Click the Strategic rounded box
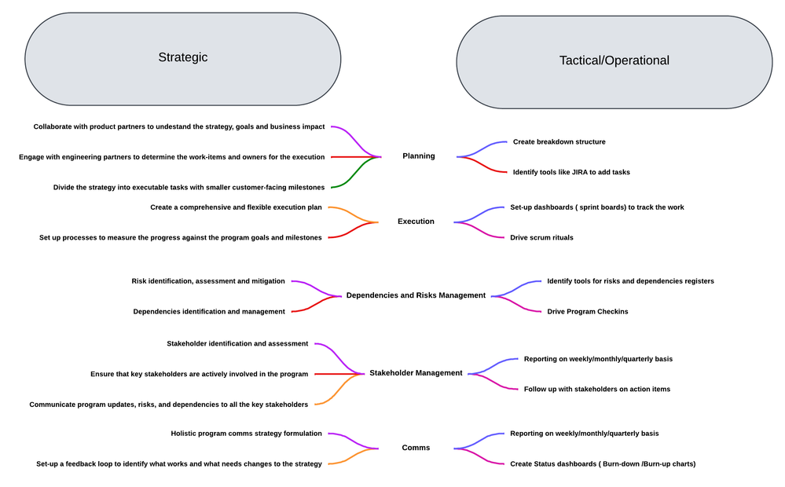tap(183, 58)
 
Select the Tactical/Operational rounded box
tap(614, 61)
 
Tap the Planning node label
tap(418, 156)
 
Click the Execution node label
tap(416, 222)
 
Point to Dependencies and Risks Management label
tap(416, 295)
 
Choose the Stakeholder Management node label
tap(416, 373)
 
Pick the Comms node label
tap(416, 448)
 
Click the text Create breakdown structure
tap(559, 142)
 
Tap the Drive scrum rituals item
tap(541, 237)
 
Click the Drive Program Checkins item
tap(588, 312)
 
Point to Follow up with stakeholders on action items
tap(596, 389)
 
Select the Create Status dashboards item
tap(602, 463)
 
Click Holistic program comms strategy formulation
tap(246, 434)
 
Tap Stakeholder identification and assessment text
tap(237, 344)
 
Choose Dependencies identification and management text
tap(209, 312)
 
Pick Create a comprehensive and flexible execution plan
tap(236, 207)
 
